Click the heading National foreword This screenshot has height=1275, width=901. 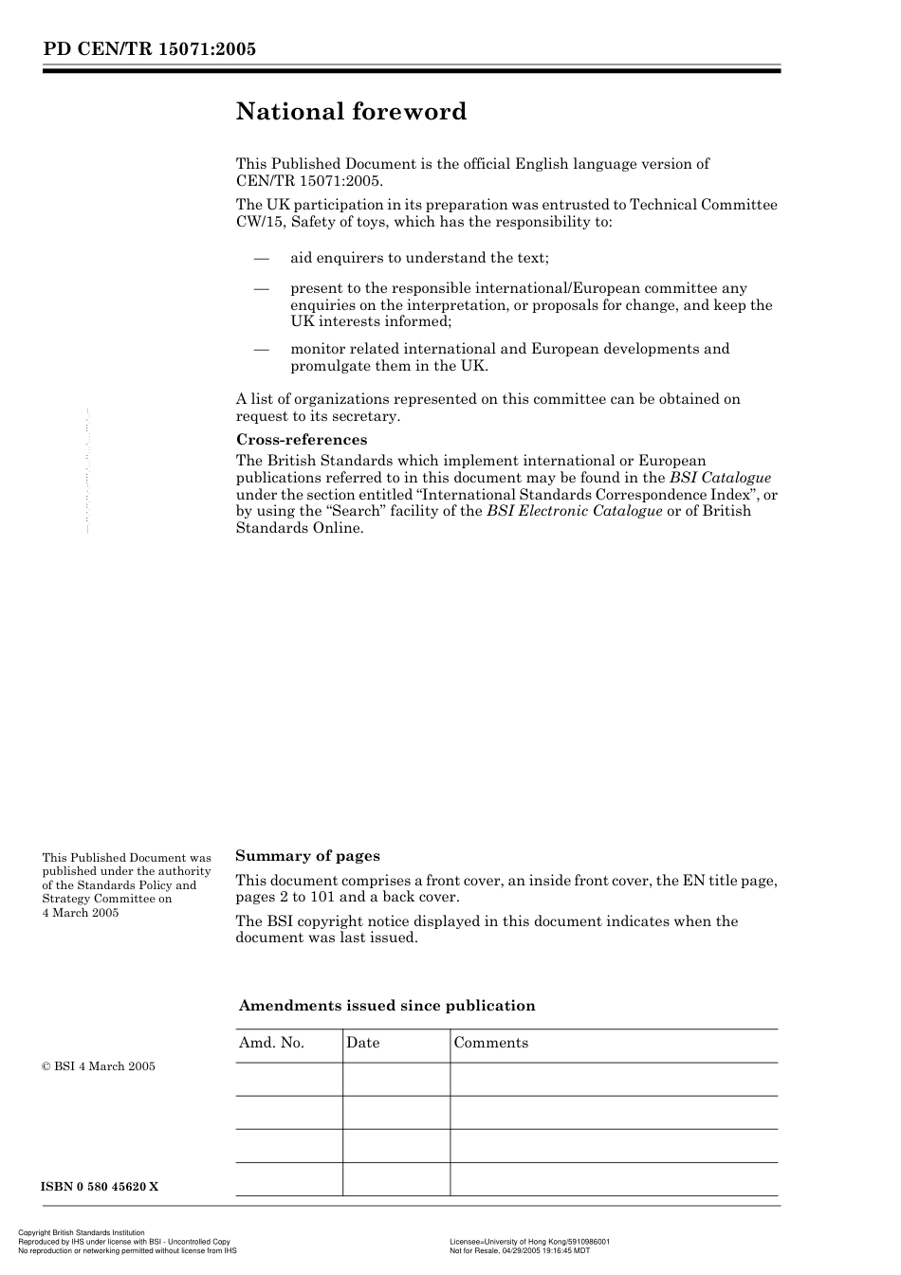pyautogui.click(x=351, y=112)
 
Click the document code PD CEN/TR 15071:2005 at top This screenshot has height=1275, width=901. pyautogui.click(x=149, y=49)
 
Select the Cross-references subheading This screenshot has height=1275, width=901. pyautogui.click(x=301, y=440)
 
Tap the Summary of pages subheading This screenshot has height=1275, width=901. pyautogui.click(x=307, y=856)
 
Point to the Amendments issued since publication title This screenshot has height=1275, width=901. pyautogui.click(x=387, y=1006)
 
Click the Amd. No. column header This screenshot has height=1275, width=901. pyautogui.click(x=271, y=1043)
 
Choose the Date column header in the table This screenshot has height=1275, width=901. pyautogui.click(x=362, y=1043)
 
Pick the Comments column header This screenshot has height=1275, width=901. pyautogui.click(x=490, y=1043)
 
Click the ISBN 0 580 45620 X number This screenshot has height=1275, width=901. pyautogui.click(x=100, y=1187)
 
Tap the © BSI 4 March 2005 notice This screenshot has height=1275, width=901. pyautogui.click(x=99, y=1066)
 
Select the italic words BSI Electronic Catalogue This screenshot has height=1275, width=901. pyautogui.click(x=574, y=511)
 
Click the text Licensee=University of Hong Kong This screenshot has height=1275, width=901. pyautogui.click(x=511, y=1242)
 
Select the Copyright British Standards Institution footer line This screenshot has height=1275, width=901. pyautogui.click(x=82, y=1233)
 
